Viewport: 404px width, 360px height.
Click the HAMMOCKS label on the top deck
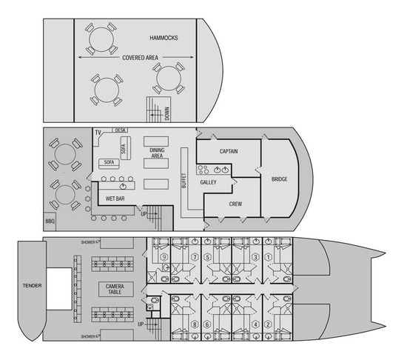[164, 38]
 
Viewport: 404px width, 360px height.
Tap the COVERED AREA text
[140, 58]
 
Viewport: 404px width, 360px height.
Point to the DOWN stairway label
[167, 114]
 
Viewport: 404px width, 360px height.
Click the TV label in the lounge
[98, 133]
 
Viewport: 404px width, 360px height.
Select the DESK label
[121, 130]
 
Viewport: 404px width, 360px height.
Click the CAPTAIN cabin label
[229, 151]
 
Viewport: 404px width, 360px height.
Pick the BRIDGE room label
[279, 179]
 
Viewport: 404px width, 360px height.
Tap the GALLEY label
[208, 182]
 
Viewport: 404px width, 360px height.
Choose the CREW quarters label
[235, 204]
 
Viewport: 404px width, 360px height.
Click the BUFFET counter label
[184, 180]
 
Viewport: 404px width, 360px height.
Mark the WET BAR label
[115, 199]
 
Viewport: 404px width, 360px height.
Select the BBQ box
[50, 221]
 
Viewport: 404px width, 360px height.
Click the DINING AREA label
[157, 153]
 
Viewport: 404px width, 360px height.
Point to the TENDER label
[32, 285]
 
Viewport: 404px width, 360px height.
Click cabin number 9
[164, 257]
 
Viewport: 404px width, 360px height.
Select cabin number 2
[268, 324]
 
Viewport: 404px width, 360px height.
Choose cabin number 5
[207, 257]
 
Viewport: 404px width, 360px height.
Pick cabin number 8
[195, 324]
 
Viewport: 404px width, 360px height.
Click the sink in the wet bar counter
[123, 186]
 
